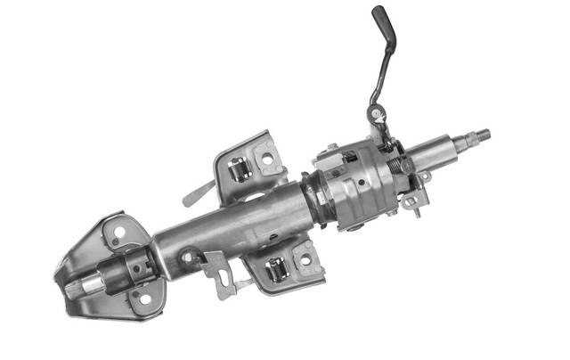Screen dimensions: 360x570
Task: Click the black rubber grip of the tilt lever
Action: click(383, 17)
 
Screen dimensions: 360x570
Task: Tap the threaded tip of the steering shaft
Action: click(483, 135)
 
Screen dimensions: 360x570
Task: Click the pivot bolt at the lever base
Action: click(378, 113)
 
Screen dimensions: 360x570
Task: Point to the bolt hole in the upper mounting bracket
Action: click(267, 158)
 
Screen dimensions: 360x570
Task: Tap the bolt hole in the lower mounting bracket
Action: click(305, 260)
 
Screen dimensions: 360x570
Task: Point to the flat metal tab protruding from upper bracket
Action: click(198, 192)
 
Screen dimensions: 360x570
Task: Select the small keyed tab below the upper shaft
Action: click(411, 200)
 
